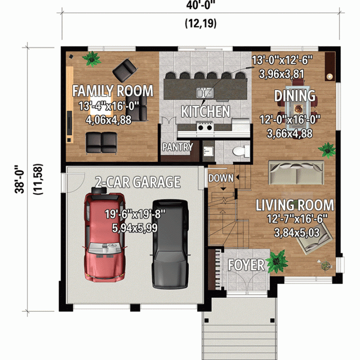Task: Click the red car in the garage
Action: (104, 235)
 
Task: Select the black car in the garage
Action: (170, 244)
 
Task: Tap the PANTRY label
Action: (177, 147)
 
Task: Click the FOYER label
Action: (246, 265)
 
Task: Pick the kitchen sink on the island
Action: (205, 93)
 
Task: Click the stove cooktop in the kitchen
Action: (205, 127)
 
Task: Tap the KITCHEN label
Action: (205, 111)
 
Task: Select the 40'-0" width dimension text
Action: (201, 5)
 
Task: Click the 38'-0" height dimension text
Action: (19, 179)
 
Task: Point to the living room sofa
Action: (296, 172)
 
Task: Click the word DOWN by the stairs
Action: (220, 178)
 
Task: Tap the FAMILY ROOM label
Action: (112, 90)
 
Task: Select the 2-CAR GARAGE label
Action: (138, 182)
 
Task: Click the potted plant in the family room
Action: (92, 59)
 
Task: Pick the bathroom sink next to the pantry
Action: (208, 151)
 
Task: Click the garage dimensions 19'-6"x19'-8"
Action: (135, 214)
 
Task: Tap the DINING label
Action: (295, 95)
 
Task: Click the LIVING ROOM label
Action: (295, 205)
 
